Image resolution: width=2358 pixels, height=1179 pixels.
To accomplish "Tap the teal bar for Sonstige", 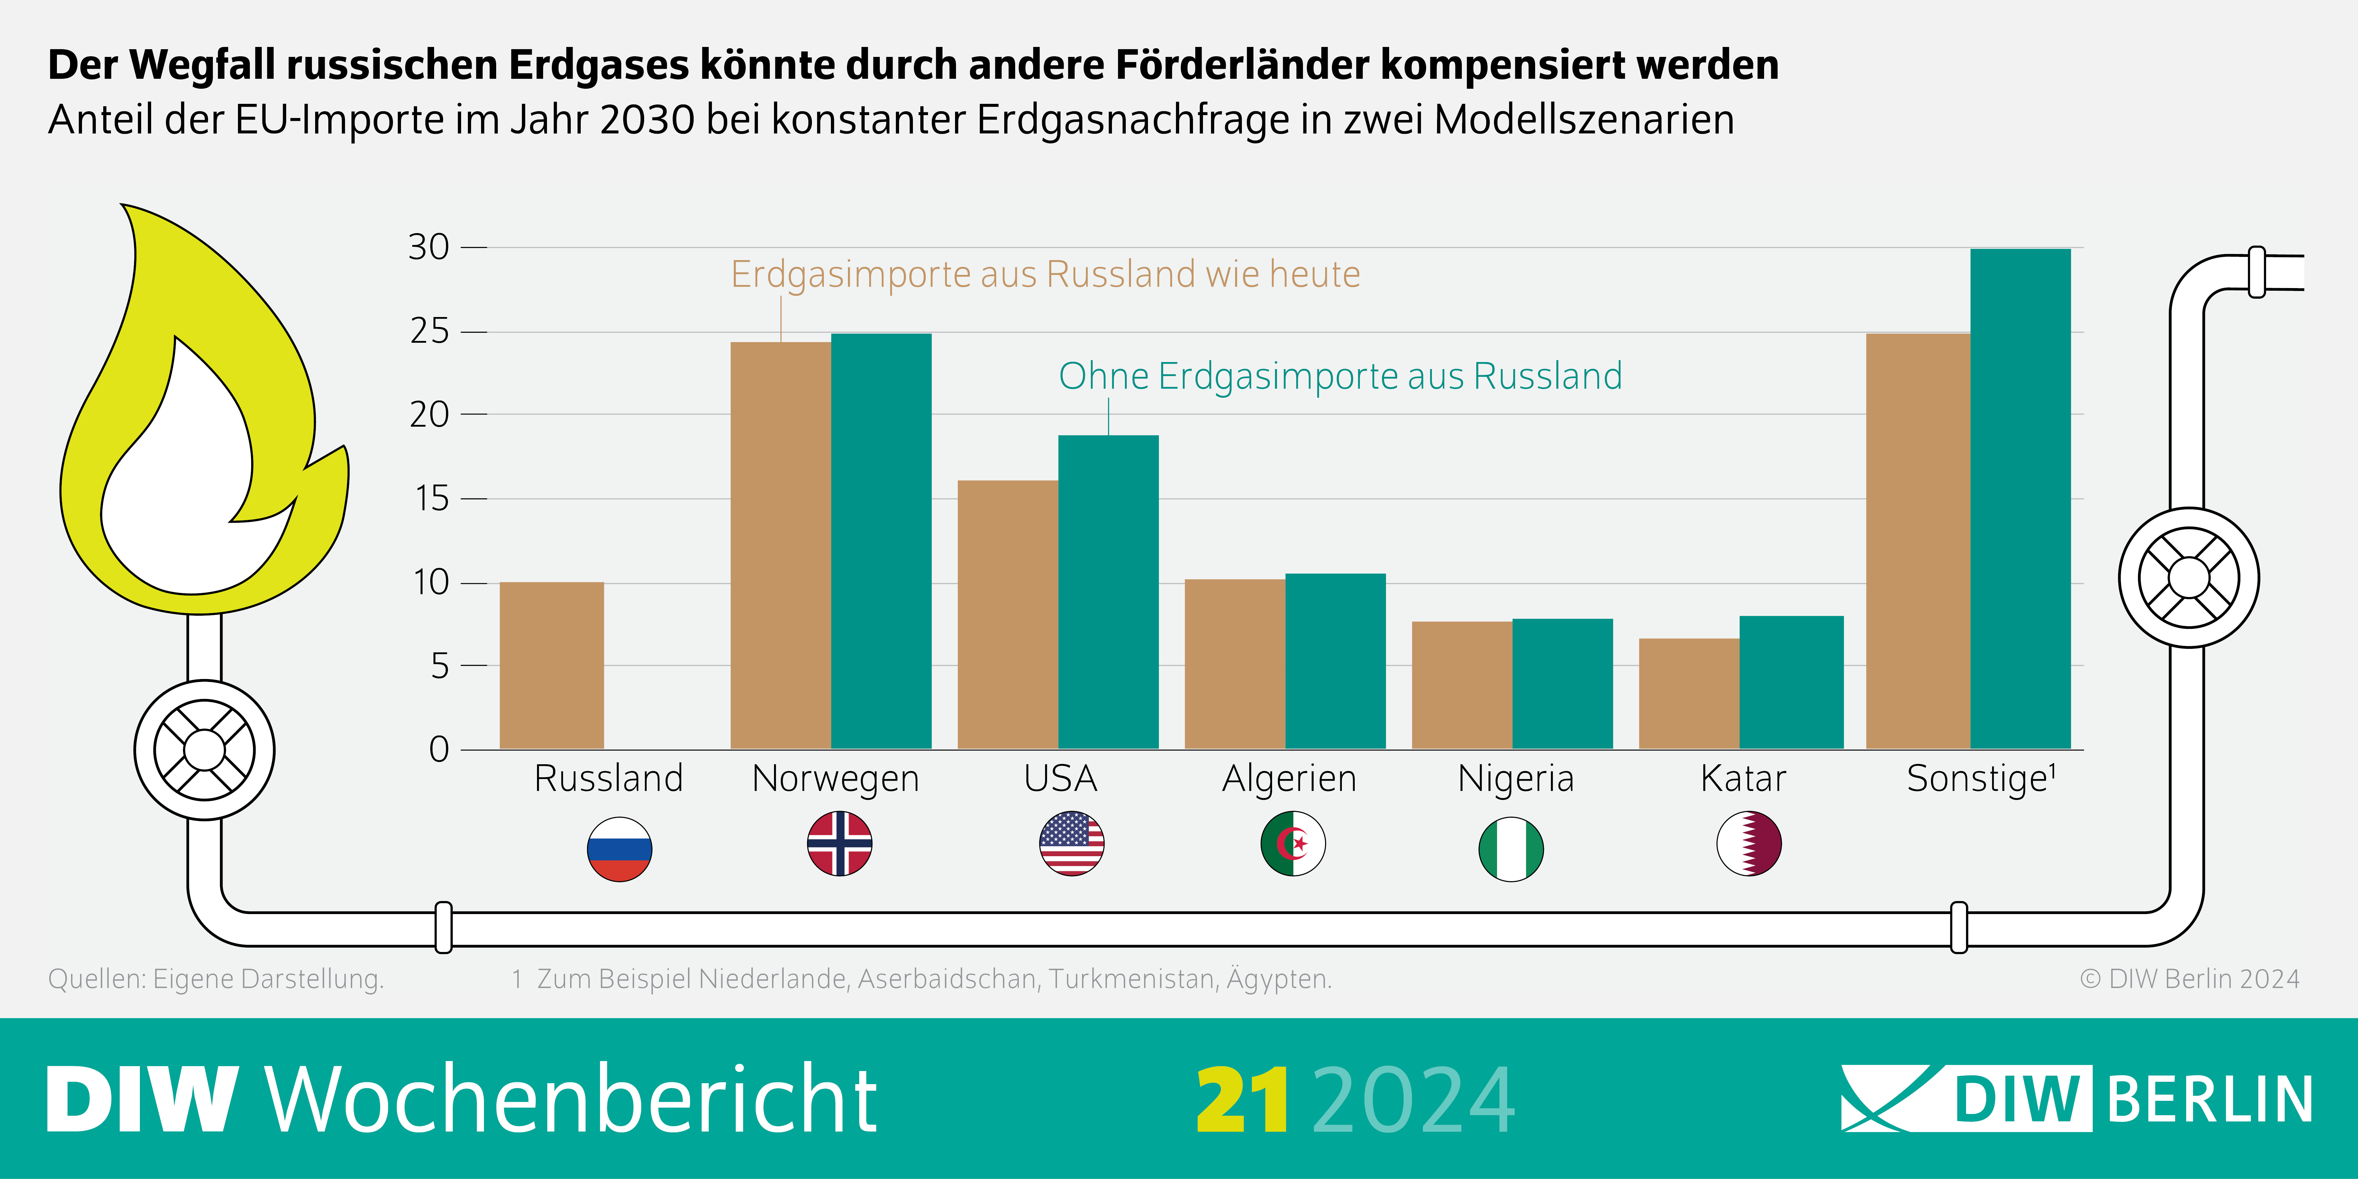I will point(2020,499).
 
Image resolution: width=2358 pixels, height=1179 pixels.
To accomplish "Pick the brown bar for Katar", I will point(1689,694).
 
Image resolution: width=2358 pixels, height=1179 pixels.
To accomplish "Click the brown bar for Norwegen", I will point(780,546).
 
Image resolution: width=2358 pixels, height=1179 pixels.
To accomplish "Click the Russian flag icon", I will point(620,848).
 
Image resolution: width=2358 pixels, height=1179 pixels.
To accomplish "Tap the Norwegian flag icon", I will point(839,843).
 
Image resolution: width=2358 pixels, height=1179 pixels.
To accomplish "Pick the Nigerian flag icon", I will point(1511,848).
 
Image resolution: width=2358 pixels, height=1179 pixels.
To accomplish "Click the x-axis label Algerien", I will point(1289,779).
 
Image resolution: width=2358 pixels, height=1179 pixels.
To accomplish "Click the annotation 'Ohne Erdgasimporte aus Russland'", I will point(1340,376).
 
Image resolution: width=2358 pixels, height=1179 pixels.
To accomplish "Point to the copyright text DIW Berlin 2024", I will point(2190,978).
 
